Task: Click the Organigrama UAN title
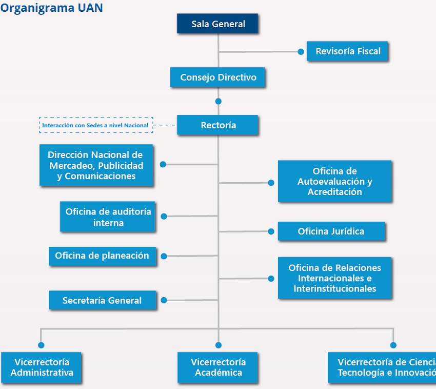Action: pos(51,8)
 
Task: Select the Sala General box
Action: pos(218,24)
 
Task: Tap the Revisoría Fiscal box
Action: pos(348,51)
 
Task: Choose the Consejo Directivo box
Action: pos(218,77)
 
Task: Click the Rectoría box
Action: pos(218,125)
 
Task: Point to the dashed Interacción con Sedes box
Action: pos(96,125)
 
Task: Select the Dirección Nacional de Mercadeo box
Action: pos(96,165)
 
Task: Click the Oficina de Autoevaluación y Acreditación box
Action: pos(334,182)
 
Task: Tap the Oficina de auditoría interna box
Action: pos(108,217)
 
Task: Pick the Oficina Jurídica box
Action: pos(331,231)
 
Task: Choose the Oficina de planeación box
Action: pos(103,256)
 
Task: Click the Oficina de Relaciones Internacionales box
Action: pos(334,278)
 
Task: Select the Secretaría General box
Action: pos(103,300)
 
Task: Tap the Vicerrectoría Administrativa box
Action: pos(42,367)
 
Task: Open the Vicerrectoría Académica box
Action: pos(218,367)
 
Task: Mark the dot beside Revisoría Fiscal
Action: pos(301,51)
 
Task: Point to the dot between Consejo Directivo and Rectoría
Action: pos(219,101)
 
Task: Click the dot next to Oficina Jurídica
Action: pos(271,231)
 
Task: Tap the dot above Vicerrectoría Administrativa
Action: pos(41,345)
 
